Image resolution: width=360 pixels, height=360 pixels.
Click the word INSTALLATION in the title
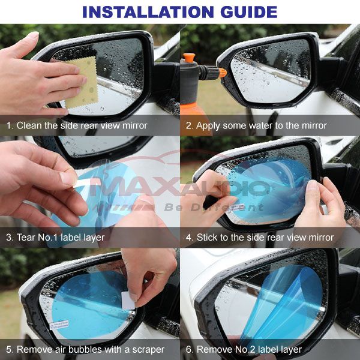tap(148, 12)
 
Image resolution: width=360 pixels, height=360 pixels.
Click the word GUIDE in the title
tap(249, 12)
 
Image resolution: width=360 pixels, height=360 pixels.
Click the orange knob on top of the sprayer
tap(189, 58)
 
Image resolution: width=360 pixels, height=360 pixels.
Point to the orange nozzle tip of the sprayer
tap(223, 73)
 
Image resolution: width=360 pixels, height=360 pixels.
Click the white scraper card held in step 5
tap(127, 301)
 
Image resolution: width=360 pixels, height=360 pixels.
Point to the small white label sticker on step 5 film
tap(59, 325)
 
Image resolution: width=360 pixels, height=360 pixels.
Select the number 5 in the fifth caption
tap(8, 349)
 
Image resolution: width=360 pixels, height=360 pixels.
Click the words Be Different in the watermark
tap(214, 208)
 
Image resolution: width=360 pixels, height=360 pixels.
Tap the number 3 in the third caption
tap(8, 237)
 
